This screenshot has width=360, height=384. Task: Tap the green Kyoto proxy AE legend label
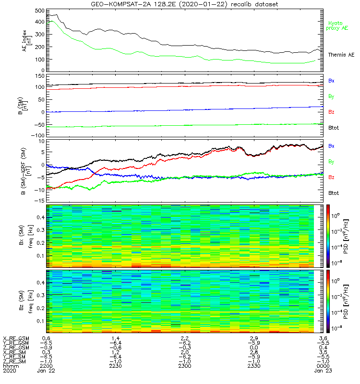pos(338,25)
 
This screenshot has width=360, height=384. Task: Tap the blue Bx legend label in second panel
pos(331,81)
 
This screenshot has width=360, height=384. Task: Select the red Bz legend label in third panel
pos(331,178)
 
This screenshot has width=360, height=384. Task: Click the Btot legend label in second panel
pos(334,128)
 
